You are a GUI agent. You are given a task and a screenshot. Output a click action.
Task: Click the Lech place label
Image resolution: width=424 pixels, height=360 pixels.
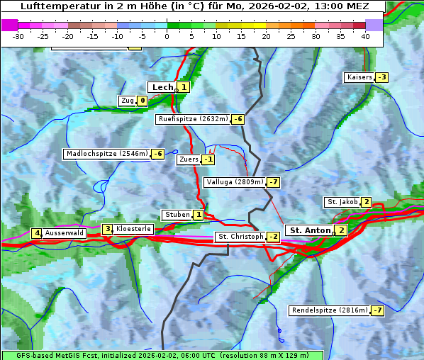(162, 87)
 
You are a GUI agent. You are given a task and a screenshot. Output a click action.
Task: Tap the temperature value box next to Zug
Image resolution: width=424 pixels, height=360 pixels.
(142, 101)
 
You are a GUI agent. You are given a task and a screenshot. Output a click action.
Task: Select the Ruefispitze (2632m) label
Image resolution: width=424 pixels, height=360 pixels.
(193, 119)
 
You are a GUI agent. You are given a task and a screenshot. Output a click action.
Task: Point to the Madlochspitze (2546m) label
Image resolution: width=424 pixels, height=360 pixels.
(106, 154)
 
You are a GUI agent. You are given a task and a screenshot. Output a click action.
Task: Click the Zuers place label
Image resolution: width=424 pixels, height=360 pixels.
(189, 159)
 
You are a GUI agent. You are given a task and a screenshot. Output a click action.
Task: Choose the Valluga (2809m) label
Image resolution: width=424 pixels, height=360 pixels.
(235, 182)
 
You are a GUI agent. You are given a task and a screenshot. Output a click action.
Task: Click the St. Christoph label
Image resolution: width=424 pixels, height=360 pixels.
(240, 236)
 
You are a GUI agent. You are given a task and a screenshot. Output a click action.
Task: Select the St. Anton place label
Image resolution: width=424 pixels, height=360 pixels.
(311, 230)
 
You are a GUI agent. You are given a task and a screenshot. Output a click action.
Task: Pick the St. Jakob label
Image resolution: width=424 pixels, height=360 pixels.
(342, 202)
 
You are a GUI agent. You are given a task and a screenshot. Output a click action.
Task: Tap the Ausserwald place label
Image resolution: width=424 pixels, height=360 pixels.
(65, 233)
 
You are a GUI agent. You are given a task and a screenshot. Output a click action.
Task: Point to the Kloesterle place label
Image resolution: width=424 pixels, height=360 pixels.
(133, 229)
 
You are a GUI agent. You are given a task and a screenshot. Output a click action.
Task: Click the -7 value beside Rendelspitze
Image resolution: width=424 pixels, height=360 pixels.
(378, 310)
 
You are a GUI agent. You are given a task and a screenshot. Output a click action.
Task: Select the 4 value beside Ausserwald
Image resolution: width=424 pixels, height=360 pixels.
(36, 233)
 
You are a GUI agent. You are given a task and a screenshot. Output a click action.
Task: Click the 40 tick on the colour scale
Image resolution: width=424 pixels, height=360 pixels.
(365, 36)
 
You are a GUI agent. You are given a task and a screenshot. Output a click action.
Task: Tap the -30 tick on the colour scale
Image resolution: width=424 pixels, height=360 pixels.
(18, 36)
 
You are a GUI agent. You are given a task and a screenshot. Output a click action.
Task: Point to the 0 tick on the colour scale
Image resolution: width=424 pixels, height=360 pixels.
(167, 36)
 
